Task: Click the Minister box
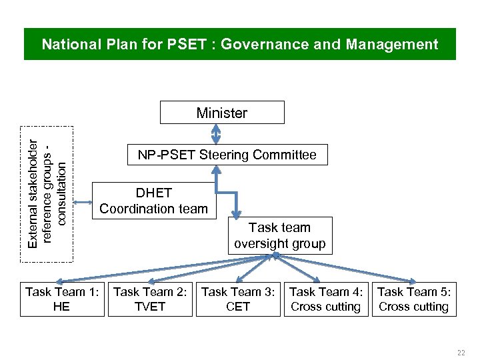[222, 113]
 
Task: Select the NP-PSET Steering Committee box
[227, 155]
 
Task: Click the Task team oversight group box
[280, 236]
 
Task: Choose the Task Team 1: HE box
[62, 299]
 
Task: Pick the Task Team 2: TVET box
[150, 299]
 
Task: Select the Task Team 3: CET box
[238, 299]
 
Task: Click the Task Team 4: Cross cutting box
[326, 299]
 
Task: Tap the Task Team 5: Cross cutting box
[413, 299]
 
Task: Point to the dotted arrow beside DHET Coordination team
[83, 202]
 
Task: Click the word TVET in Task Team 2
[150, 307]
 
